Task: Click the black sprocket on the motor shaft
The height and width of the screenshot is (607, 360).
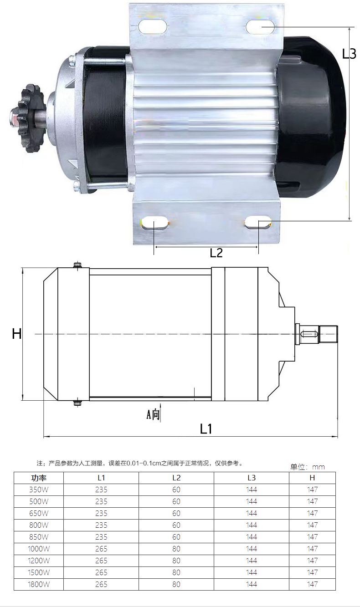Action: tap(30, 119)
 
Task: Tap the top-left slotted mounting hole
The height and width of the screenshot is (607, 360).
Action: tap(153, 26)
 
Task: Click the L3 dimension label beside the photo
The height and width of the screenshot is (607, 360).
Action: tap(349, 54)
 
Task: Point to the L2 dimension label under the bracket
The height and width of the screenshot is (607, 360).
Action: tap(216, 253)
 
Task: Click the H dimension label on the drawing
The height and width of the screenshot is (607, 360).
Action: tap(17, 334)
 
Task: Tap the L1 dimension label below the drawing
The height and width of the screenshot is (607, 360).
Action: tap(206, 429)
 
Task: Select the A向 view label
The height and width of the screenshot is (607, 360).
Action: tap(153, 414)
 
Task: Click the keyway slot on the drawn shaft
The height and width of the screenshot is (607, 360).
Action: tap(309, 334)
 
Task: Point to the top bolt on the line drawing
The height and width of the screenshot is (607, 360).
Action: tap(78, 265)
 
